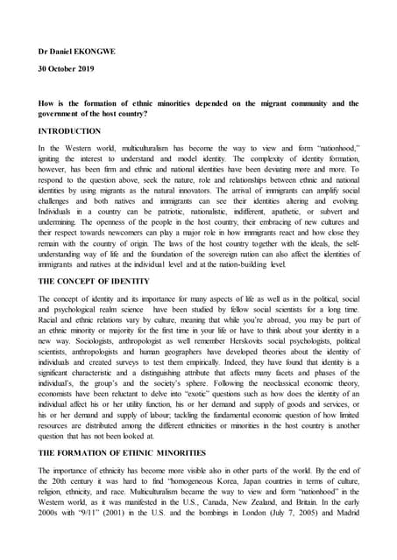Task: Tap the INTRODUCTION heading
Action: (70, 130)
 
